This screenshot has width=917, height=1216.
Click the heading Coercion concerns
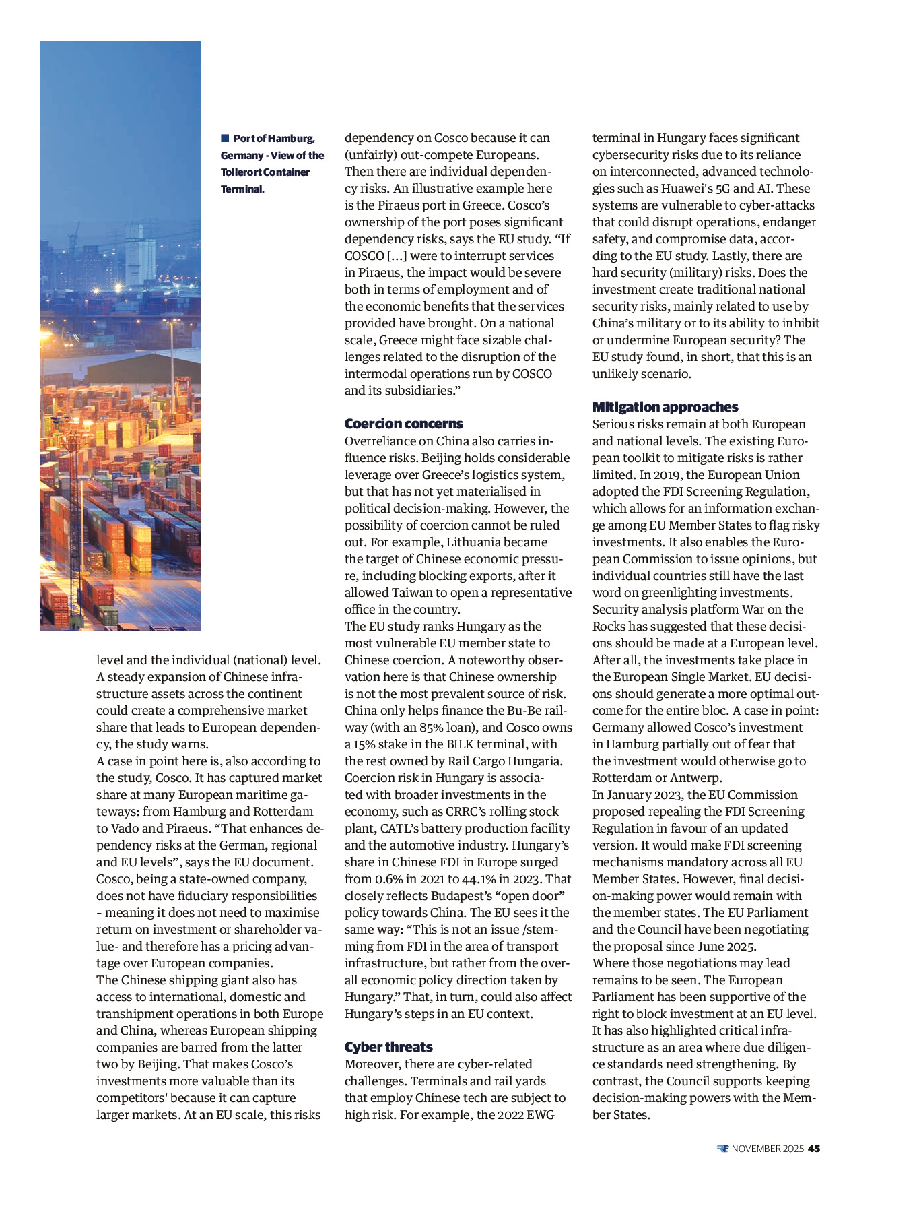coord(403,424)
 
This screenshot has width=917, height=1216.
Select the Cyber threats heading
coord(388,1047)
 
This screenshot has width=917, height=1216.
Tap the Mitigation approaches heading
coord(665,407)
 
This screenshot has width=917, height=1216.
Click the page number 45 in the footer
coord(814,1149)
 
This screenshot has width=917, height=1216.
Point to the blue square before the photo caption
coord(225,138)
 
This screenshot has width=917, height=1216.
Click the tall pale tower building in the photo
coord(140,253)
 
